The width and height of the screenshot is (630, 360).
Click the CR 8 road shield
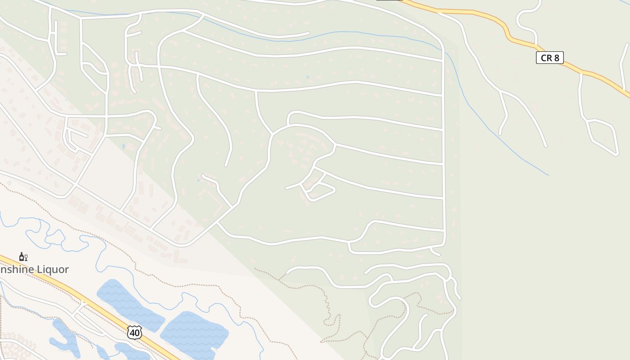[549, 58]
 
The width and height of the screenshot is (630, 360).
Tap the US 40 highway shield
[134, 332]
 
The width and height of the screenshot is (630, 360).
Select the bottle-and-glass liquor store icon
[23, 257]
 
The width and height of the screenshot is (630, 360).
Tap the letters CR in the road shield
[546, 58]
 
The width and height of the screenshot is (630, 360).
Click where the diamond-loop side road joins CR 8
[581, 72]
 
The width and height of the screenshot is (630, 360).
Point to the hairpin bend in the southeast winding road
[405, 306]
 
